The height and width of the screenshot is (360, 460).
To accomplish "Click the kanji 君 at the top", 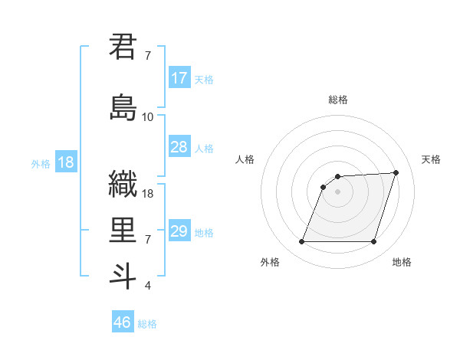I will [x=123, y=47].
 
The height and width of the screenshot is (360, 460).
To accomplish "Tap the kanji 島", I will [x=123, y=106].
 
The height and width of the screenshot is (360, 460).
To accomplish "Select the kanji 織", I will [x=123, y=184].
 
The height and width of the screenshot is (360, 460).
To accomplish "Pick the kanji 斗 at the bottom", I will [x=123, y=275].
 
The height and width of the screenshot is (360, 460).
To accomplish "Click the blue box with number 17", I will [x=179, y=78].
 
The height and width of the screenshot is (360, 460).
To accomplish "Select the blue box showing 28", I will [x=179, y=147].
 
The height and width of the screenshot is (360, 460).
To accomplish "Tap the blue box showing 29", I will [x=179, y=231].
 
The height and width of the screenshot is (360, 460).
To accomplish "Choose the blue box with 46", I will [x=123, y=322].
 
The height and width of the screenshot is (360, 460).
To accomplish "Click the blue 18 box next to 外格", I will [x=65, y=162].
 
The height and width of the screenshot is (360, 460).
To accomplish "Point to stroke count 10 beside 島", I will [x=148, y=116].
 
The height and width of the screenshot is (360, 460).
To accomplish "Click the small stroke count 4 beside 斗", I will [x=147, y=286].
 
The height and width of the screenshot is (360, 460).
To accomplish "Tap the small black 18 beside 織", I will [x=148, y=194].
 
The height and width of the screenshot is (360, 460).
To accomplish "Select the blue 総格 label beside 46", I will [x=147, y=324].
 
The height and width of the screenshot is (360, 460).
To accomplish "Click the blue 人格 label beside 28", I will [x=204, y=149].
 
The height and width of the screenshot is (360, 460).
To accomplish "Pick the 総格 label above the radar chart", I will [x=338, y=100].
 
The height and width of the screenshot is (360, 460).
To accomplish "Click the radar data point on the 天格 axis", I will [x=396, y=172].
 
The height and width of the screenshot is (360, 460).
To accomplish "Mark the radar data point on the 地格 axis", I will [x=373, y=242].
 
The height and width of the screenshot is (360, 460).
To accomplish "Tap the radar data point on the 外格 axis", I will [x=302, y=242].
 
